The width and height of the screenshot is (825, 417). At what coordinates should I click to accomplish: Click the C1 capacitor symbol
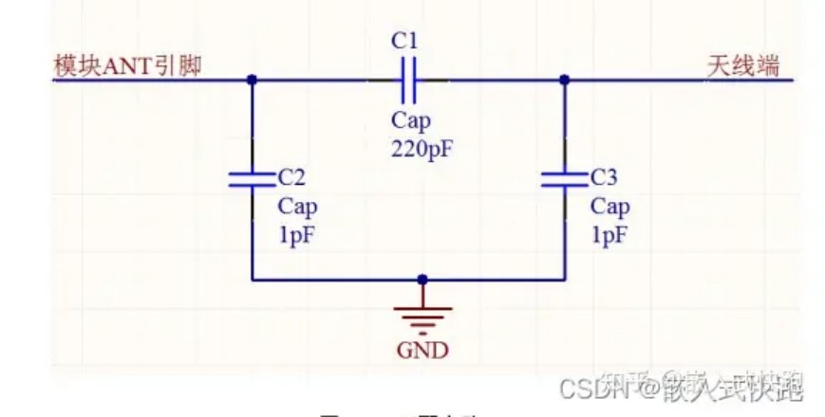coord(408,80)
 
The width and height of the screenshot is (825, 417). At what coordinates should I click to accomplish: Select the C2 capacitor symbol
coord(252,179)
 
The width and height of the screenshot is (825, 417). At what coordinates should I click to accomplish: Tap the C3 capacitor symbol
coord(564,179)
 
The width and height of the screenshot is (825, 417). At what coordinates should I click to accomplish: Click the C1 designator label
coord(404,41)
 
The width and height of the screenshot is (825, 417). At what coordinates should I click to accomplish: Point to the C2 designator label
coord(291,177)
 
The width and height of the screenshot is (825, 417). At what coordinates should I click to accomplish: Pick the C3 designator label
coord(604,177)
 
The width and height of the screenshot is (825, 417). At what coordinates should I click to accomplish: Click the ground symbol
coord(422,315)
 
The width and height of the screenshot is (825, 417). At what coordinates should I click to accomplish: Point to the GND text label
coord(422,350)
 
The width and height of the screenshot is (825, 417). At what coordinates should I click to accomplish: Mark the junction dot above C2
coord(252,81)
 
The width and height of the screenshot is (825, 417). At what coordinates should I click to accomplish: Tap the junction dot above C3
coord(564,81)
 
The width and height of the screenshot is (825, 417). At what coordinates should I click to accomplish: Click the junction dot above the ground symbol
coord(422,280)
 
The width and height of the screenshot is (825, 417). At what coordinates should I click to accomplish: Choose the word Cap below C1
coord(410,121)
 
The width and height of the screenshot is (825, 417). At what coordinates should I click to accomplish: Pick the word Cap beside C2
coord(297,207)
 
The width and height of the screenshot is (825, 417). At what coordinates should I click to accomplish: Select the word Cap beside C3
coord(609,207)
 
